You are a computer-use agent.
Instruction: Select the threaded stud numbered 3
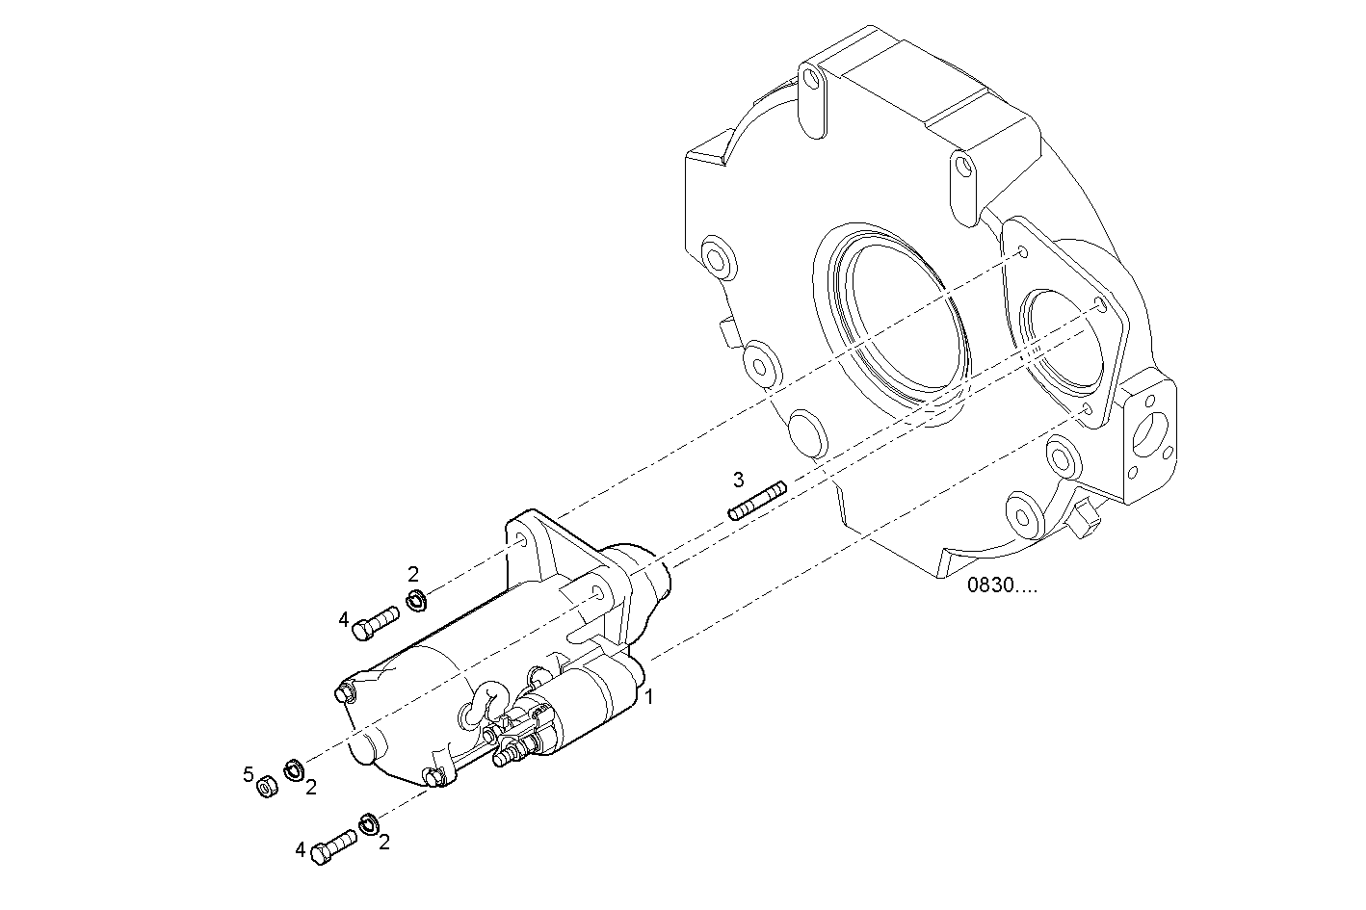click(758, 500)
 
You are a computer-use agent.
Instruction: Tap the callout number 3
click(738, 479)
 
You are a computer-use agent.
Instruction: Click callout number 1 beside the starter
click(650, 696)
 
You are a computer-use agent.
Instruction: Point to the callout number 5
click(248, 774)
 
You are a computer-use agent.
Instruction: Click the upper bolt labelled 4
click(374, 622)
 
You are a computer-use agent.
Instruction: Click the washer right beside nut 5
click(294, 769)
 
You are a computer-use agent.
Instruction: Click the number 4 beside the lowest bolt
click(301, 850)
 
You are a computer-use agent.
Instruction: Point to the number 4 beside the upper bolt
click(343, 620)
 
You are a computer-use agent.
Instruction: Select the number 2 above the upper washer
click(413, 575)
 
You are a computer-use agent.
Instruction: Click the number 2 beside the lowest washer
click(384, 843)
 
